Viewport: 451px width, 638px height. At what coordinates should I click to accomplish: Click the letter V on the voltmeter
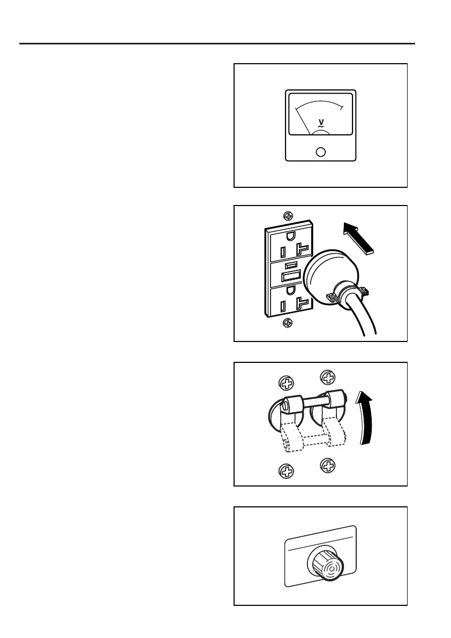320,122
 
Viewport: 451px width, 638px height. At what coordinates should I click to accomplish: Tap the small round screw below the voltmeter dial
321,152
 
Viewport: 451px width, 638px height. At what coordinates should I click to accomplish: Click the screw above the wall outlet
288,216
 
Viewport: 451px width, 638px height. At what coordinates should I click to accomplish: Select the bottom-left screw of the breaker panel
287,471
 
